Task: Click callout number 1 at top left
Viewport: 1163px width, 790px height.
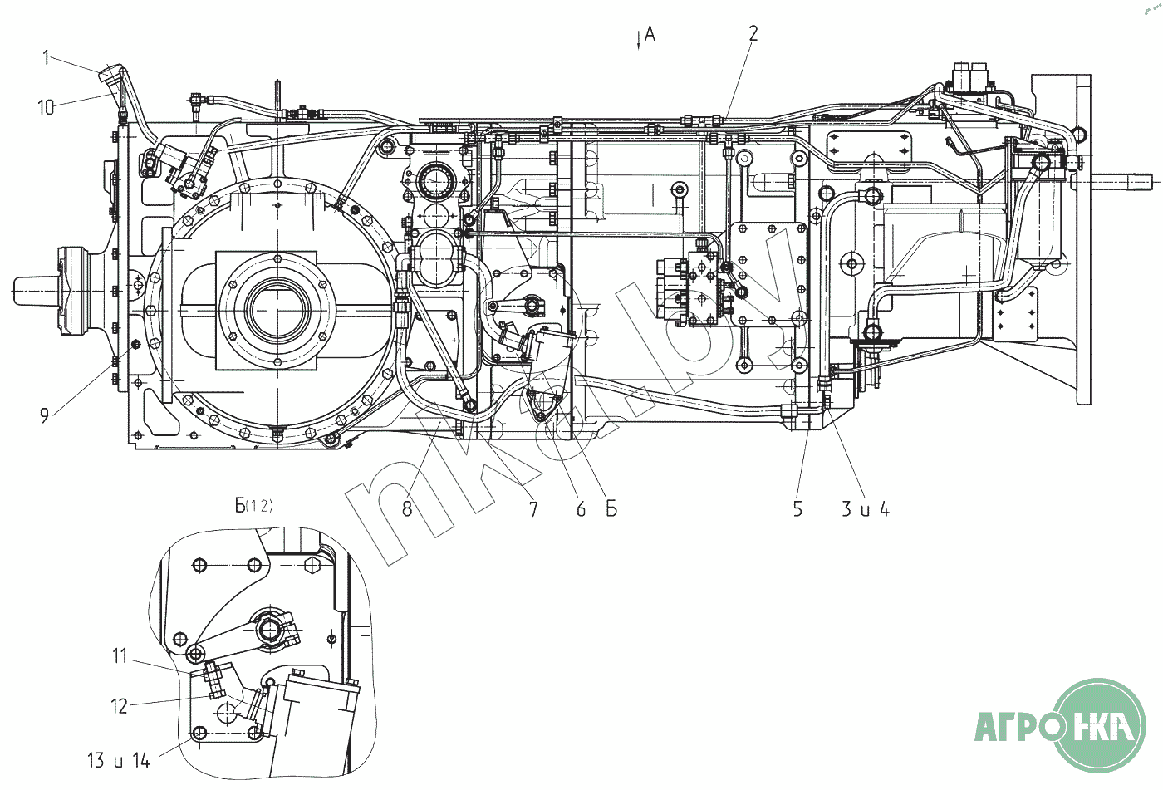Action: [47, 56]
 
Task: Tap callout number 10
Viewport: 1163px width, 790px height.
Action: [46, 107]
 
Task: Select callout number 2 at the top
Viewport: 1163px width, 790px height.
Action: [753, 33]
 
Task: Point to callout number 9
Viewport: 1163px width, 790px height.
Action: [45, 415]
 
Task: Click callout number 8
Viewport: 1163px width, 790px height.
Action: [407, 509]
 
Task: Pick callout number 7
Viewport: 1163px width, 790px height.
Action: [533, 509]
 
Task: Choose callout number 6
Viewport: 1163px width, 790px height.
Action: [581, 509]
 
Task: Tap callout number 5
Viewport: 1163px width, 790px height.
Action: [797, 509]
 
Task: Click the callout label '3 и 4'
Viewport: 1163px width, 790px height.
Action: [865, 509]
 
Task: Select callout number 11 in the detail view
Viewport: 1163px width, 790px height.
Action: [120, 656]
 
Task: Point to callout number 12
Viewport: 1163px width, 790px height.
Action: [120, 706]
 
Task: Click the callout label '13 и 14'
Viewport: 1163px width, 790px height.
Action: [119, 759]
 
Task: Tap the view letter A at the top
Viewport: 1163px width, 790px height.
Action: [650, 34]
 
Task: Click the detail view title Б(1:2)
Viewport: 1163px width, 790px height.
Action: [253, 505]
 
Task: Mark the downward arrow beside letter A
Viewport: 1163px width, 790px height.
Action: [638, 39]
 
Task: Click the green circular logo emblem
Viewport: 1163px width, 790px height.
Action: [1098, 724]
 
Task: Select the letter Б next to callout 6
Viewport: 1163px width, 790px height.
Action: [611, 509]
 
